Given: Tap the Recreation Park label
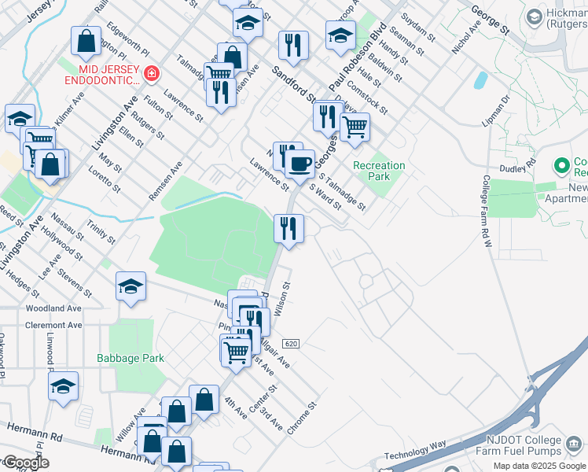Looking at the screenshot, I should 379,171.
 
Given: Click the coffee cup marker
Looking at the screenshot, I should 299,164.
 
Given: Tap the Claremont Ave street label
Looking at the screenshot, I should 53,325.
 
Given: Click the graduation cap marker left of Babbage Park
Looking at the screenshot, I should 63,386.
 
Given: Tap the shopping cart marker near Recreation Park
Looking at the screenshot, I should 355,125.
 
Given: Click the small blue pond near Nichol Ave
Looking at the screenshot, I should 480,79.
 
